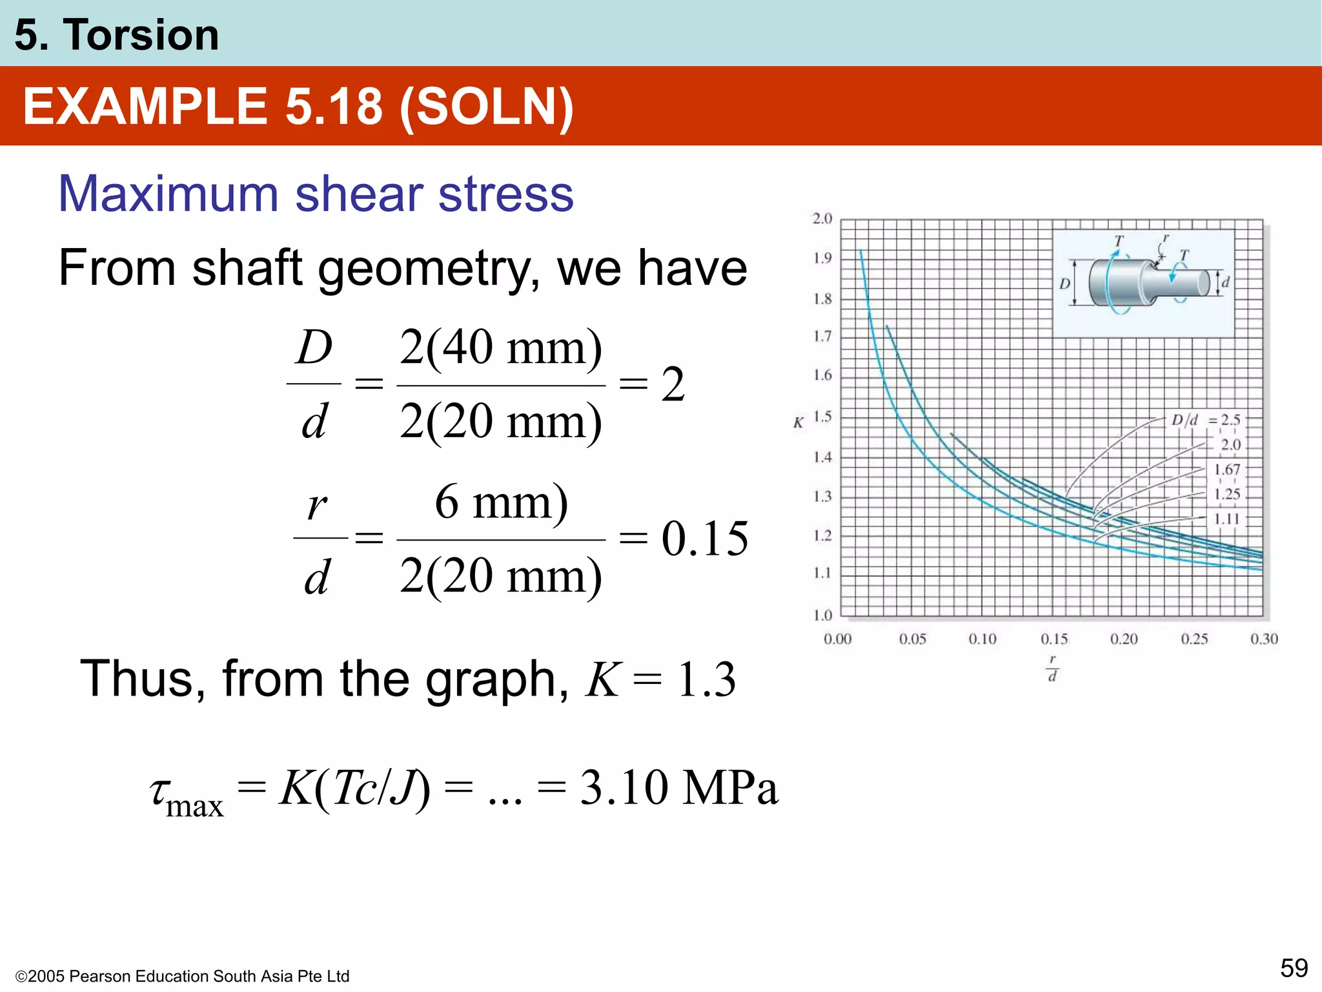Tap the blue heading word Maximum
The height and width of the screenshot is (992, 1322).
tap(168, 194)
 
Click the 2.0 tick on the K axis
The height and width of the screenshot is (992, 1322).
tap(822, 219)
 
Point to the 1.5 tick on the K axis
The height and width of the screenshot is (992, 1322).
tap(822, 417)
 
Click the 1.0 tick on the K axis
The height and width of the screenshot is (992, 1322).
tap(822, 615)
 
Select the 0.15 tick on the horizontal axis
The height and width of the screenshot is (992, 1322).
tap(1053, 639)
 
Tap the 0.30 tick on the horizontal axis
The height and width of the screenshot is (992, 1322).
tap(1263, 639)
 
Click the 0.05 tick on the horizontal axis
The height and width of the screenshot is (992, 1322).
tap(912, 639)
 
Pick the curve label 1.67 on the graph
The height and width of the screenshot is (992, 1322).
tap(1226, 470)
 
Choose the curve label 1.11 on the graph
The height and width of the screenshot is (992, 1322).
tap(1226, 519)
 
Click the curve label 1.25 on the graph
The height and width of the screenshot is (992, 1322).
tap(1226, 495)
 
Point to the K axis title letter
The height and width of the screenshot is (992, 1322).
tap(798, 423)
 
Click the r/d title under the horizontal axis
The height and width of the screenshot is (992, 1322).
tap(1052, 668)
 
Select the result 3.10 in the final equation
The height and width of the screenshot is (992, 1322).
tap(624, 788)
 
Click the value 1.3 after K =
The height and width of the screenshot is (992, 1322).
tap(706, 680)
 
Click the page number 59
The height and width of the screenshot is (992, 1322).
tap(1294, 968)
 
